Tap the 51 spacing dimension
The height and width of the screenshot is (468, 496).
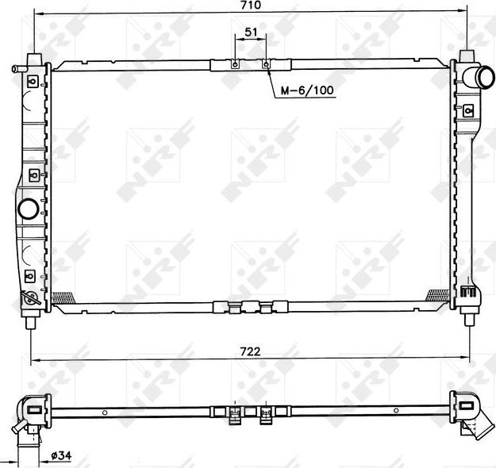tap(251, 33)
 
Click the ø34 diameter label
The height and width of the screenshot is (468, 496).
tap(63, 455)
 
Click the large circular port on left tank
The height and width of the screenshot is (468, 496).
tap(27, 209)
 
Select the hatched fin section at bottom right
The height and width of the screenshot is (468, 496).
tap(437, 295)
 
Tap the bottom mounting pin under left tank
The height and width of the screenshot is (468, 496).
tap(32, 320)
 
